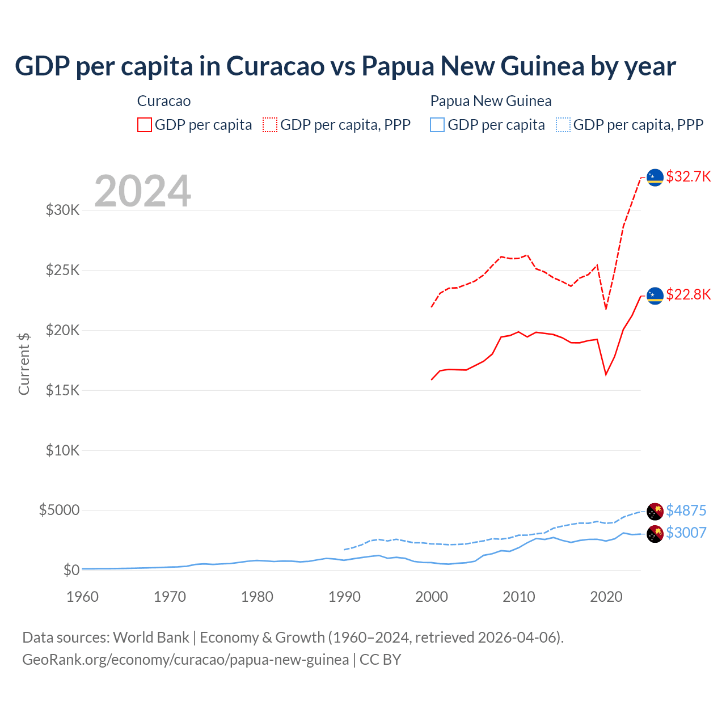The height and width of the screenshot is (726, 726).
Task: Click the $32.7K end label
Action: (x=688, y=176)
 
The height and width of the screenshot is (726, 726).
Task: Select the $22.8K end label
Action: (x=688, y=294)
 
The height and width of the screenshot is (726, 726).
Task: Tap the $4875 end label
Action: (x=686, y=510)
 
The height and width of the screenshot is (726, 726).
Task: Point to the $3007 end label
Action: (x=686, y=533)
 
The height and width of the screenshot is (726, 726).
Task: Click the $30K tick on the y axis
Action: (x=63, y=210)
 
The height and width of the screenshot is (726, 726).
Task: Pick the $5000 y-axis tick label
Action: (x=59, y=510)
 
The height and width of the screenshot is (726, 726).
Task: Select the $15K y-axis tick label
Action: (x=63, y=390)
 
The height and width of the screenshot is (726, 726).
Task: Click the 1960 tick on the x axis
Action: (x=82, y=597)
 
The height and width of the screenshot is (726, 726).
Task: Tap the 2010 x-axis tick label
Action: (x=519, y=597)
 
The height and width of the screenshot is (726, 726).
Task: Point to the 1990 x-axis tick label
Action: (x=344, y=597)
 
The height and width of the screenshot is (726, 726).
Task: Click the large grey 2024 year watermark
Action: (x=142, y=191)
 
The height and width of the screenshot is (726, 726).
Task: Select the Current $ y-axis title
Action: (x=24, y=364)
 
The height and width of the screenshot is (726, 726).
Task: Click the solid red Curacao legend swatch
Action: (x=145, y=125)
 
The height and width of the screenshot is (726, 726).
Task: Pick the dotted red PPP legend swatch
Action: (x=270, y=125)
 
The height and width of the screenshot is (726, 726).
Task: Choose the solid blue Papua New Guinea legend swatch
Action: (x=437, y=125)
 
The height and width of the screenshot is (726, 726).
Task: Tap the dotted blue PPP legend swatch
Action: (x=563, y=125)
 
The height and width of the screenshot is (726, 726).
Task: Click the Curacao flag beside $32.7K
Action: (x=655, y=178)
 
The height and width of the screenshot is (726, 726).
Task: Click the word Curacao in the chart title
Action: (x=275, y=66)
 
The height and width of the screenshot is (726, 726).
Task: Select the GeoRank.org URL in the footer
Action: (x=185, y=660)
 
